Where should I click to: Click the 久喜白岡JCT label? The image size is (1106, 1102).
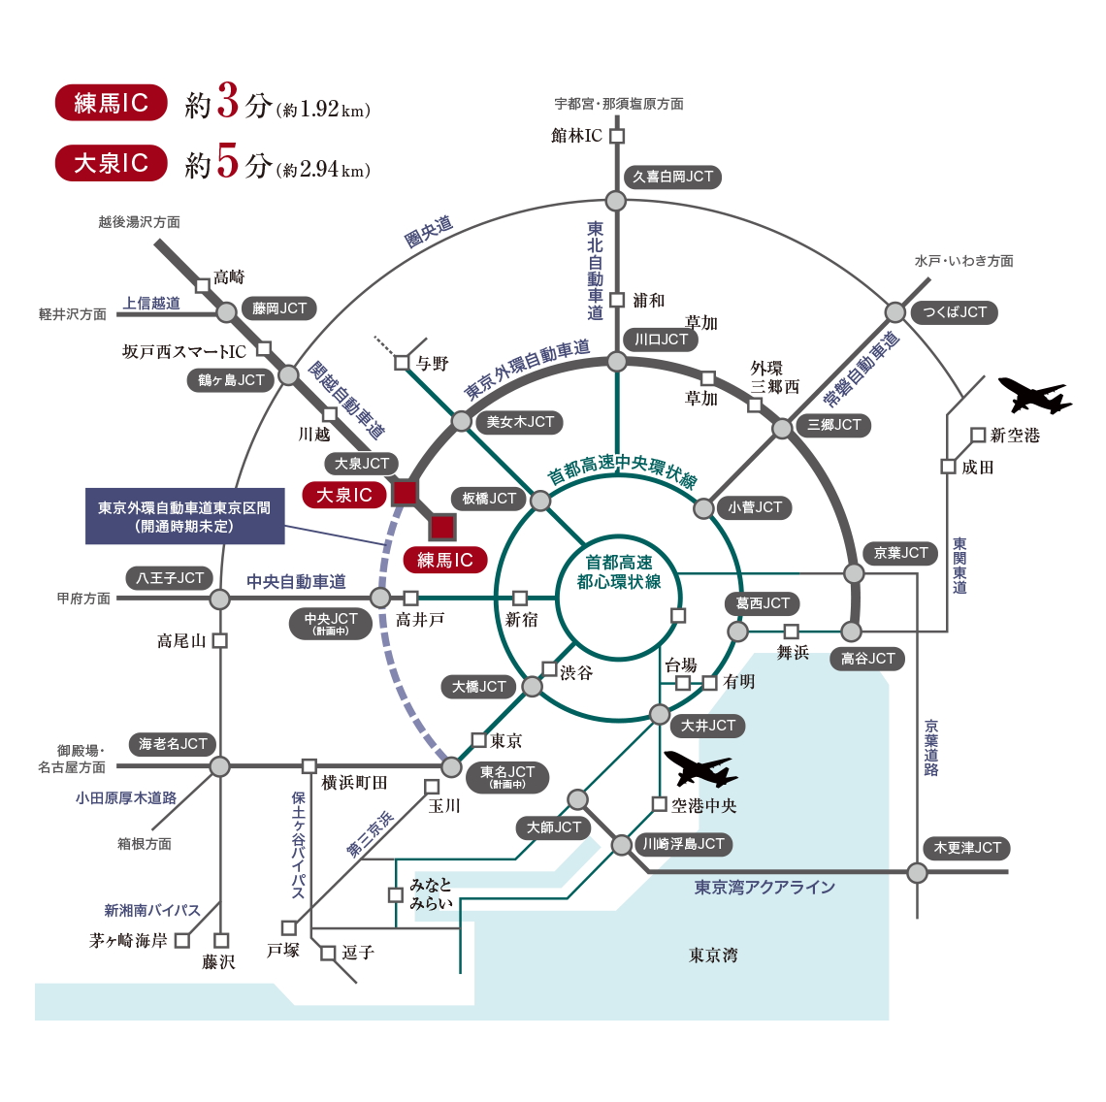point(672,177)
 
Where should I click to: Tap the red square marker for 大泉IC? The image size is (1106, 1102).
point(405,493)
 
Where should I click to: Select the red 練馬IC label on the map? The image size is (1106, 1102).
point(444,560)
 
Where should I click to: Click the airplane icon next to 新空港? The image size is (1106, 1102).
point(1034,396)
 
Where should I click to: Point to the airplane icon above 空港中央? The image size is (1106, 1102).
point(699,768)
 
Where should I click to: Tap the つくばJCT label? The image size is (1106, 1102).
point(955,312)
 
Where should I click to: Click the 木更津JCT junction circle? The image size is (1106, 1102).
point(917,872)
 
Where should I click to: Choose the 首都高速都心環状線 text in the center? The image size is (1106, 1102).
point(619,571)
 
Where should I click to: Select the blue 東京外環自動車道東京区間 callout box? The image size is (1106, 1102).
point(184,516)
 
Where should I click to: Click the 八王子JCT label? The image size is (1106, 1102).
point(170,578)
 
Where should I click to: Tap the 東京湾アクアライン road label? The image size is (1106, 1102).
point(764,887)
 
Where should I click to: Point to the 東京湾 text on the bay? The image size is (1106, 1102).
point(713,956)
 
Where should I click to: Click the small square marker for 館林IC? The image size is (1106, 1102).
point(617,136)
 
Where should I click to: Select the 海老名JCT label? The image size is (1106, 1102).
point(173,744)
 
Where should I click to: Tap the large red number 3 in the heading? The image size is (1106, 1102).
point(227,102)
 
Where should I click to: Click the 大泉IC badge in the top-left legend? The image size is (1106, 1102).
point(111,163)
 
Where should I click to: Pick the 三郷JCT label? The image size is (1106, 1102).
point(834,425)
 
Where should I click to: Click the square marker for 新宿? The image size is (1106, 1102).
point(520,598)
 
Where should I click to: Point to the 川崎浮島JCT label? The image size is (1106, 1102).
point(683,844)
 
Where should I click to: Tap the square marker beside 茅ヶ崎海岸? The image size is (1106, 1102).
point(182,940)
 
